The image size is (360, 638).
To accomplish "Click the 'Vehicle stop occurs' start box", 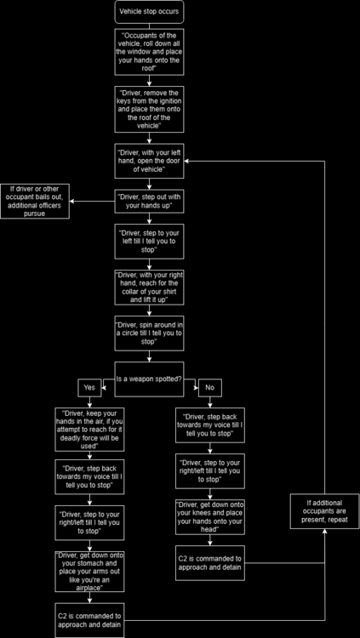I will (148, 12).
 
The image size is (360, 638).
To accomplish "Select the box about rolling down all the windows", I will (148, 52).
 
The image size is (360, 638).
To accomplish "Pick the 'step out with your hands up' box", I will (148, 201).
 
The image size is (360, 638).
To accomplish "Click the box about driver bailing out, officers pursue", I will (35, 201).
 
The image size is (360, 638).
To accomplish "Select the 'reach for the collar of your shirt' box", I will (148, 287).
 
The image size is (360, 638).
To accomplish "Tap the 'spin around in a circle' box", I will (148, 330).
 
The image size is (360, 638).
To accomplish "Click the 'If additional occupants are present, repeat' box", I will (325, 510).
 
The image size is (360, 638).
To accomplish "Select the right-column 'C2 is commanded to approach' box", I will (210, 563).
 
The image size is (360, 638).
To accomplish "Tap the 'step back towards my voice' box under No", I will (210, 424).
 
